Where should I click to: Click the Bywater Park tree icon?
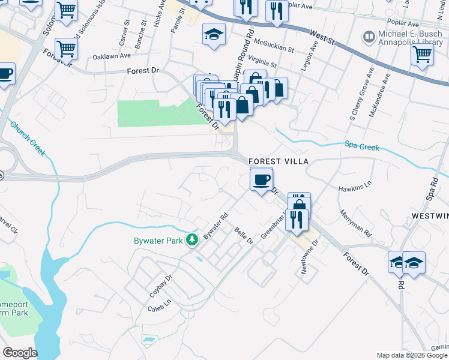coord(192,240)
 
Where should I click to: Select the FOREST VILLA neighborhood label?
coord(278,161)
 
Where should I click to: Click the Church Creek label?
coord(27,139)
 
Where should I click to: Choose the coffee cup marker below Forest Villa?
coord(261,179)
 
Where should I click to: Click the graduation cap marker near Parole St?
coord(213,35)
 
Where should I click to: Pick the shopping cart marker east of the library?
coord(422,55)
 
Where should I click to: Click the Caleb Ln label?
coord(159,308)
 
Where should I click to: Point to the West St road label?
coord(323,37)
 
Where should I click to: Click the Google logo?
coord(20,353)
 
